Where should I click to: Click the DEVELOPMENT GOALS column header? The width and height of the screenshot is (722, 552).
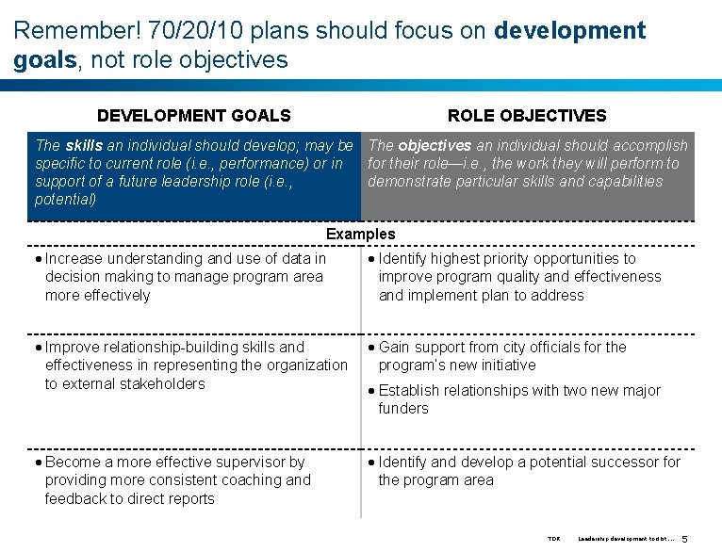[x=193, y=116]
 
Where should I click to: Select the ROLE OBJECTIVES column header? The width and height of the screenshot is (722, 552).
[x=527, y=116]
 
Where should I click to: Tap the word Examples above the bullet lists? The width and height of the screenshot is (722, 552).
[x=360, y=234]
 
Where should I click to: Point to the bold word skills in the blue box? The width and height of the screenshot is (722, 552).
[x=84, y=146]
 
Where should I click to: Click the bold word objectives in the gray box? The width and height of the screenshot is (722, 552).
[x=434, y=146]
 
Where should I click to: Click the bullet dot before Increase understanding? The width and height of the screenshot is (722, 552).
[x=39, y=259]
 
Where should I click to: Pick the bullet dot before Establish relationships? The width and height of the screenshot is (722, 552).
[x=372, y=391]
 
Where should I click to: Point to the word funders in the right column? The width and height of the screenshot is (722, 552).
[x=403, y=409]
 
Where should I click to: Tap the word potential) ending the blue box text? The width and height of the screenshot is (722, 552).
[x=65, y=200]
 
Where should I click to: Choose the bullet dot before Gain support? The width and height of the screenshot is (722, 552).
[x=372, y=348]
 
